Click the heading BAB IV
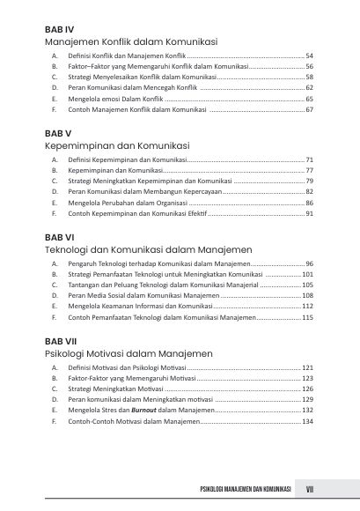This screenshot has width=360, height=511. pos(60,29)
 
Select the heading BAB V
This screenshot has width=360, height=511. pos(58,132)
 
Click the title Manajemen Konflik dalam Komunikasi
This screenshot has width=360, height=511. pos(132,41)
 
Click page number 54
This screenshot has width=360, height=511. pos(310,56)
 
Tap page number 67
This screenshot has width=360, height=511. pos(310,109)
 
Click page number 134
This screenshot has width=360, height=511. pos(308,421)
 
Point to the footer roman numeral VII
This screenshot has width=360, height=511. pos(310,489)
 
